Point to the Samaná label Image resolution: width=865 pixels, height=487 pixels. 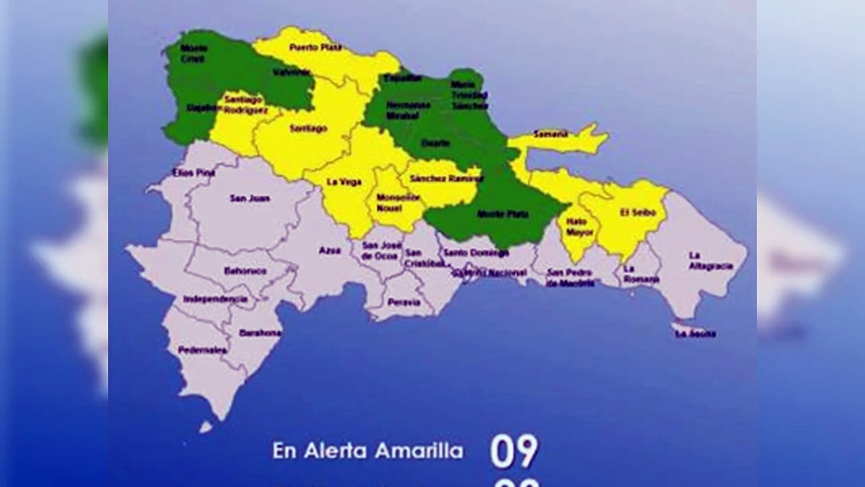(x=551, y=134)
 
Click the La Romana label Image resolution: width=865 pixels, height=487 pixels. (x=637, y=273)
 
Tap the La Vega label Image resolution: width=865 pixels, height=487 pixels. (x=344, y=182)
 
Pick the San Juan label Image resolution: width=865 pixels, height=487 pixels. (x=250, y=198)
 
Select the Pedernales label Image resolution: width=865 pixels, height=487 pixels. (x=202, y=350)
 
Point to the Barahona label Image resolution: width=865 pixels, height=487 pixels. (x=260, y=333)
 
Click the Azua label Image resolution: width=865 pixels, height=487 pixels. (x=330, y=250)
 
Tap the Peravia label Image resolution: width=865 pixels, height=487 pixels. (x=404, y=302)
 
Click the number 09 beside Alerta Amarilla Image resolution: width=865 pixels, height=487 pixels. (x=514, y=452)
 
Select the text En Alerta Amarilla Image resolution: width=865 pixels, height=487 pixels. (x=368, y=450)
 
